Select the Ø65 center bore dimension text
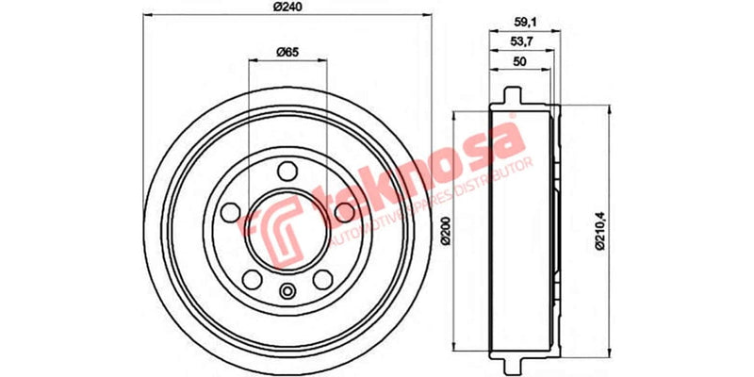[x=287, y=53]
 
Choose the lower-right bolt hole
[x=323, y=279]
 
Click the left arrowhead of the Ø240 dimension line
[x=147, y=18]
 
